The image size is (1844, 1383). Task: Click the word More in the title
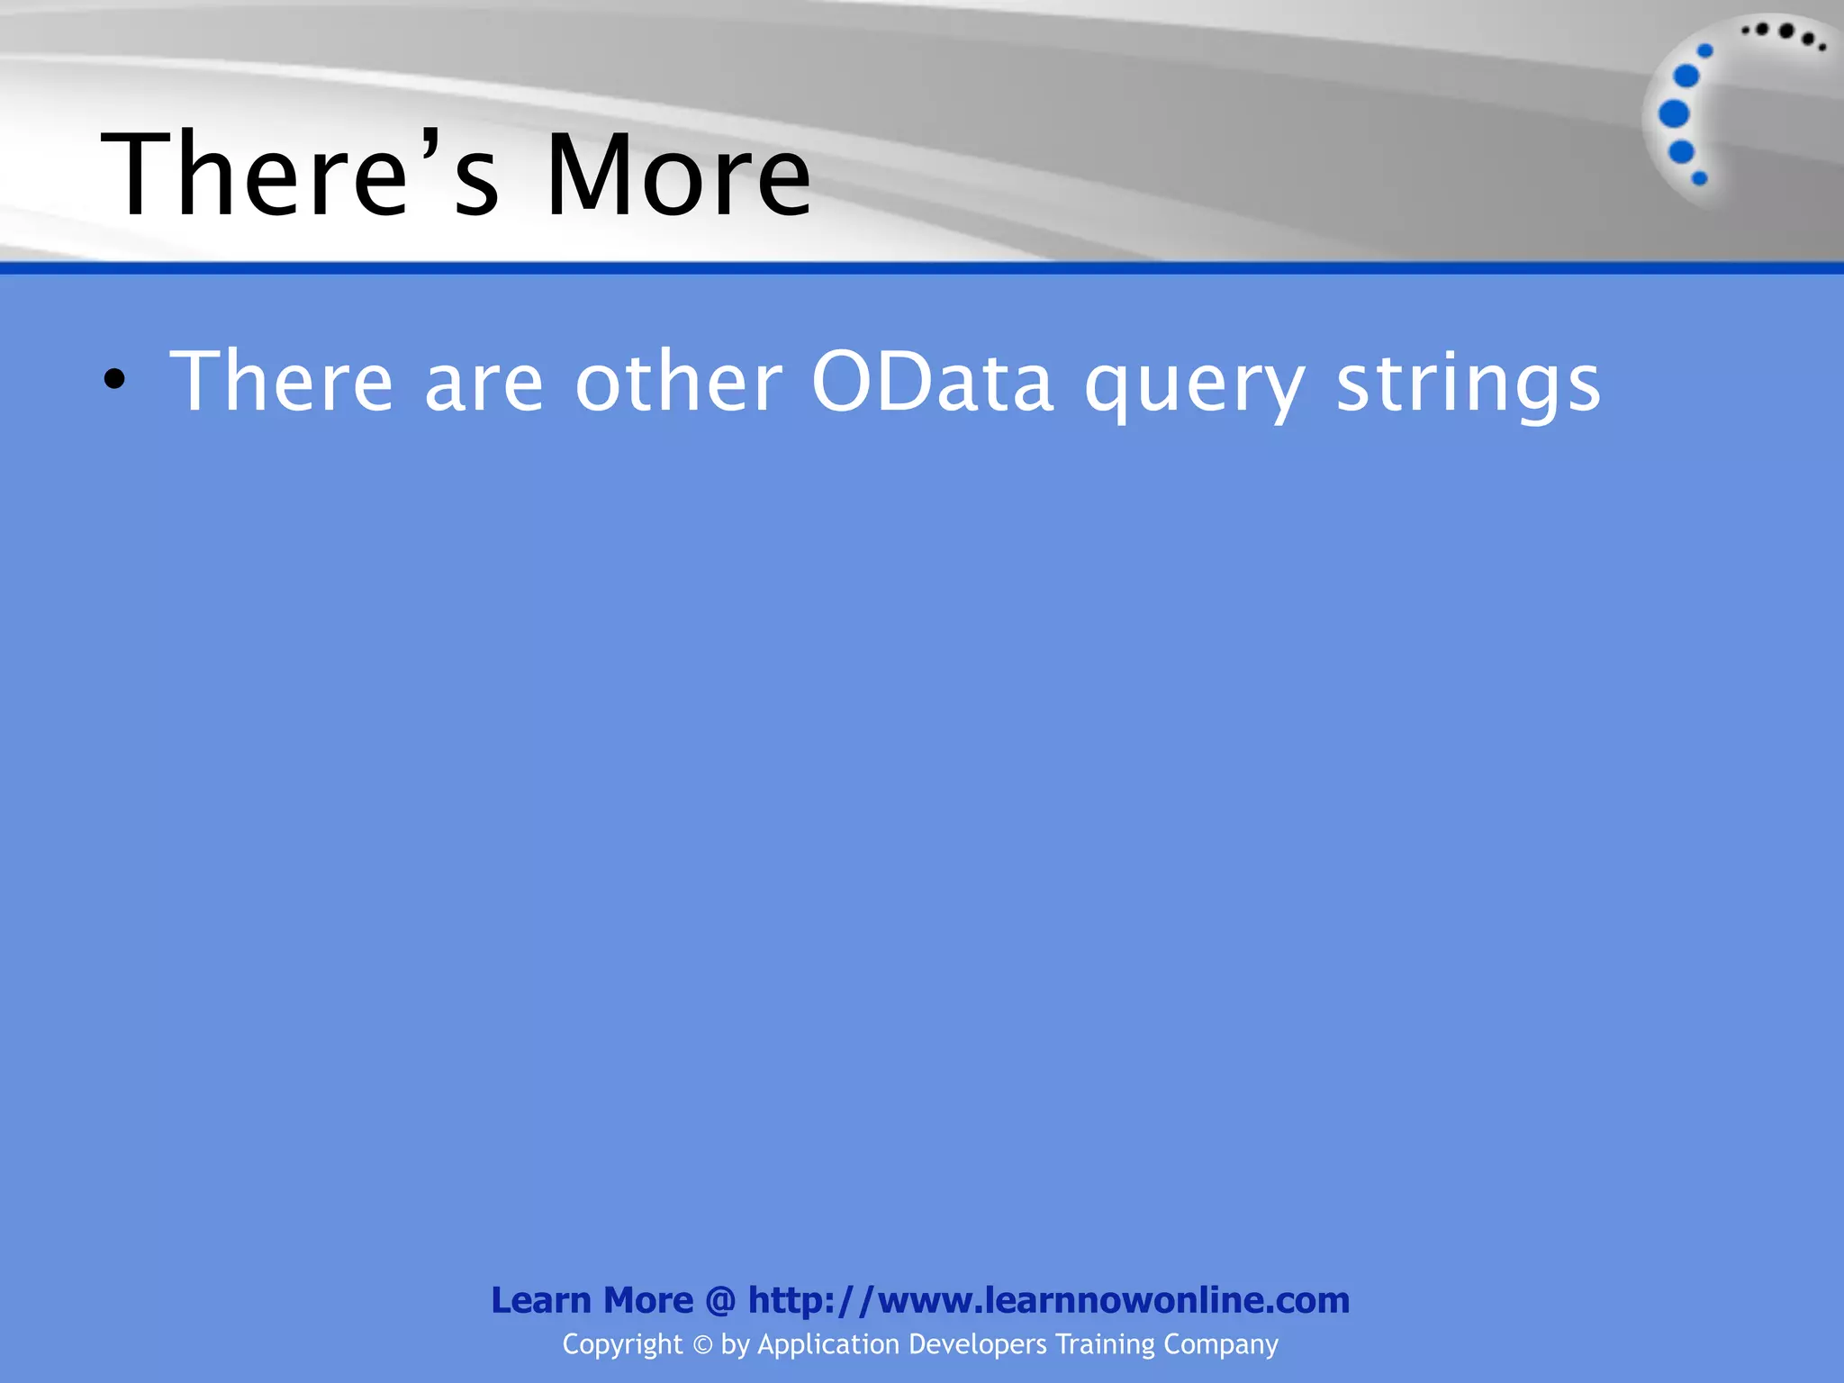678,175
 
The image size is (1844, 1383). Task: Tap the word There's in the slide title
300,175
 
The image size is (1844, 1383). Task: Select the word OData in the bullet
932,382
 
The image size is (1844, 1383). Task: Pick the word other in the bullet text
679,382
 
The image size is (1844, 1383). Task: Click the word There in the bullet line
282,382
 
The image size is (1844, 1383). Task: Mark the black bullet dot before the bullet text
114,381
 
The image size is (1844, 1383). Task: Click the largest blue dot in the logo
1674,114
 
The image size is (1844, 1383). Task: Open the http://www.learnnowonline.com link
1049,1300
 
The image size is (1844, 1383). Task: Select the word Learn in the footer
541,1300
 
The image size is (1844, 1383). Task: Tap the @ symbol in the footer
720,1301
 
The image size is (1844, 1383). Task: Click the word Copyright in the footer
622,1344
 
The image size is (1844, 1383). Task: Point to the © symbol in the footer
702,1345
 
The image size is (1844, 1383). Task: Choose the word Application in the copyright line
828,1344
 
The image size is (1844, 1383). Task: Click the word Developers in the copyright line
978,1344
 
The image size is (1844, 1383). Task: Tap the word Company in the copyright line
1221,1344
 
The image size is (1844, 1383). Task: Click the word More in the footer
648,1300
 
